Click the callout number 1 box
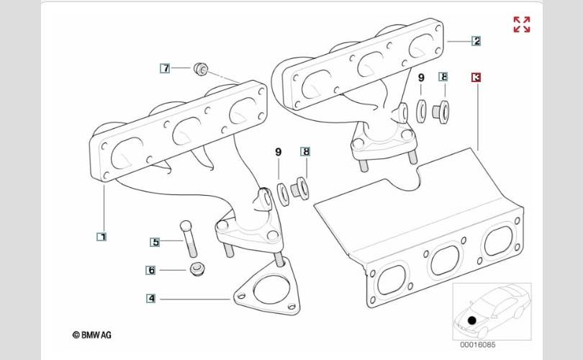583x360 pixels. click(x=101, y=236)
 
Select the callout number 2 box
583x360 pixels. click(x=476, y=41)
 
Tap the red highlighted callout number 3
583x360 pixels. click(x=476, y=76)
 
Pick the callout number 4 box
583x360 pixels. click(x=151, y=298)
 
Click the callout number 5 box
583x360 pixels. click(x=155, y=242)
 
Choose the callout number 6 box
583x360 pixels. click(x=151, y=270)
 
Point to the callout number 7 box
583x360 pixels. click(x=166, y=68)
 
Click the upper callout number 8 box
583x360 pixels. click(x=443, y=76)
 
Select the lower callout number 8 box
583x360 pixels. click(x=306, y=152)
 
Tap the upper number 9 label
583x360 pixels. click(x=421, y=77)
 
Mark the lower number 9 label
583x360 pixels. click(x=279, y=152)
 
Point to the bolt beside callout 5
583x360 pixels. click(x=189, y=238)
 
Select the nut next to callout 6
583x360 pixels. click(x=196, y=270)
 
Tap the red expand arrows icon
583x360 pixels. click(x=522, y=24)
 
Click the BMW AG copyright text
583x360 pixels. click(x=91, y=335)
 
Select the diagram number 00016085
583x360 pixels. click(x=475, y=344)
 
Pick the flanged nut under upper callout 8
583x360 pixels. click(x=441, y=111)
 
